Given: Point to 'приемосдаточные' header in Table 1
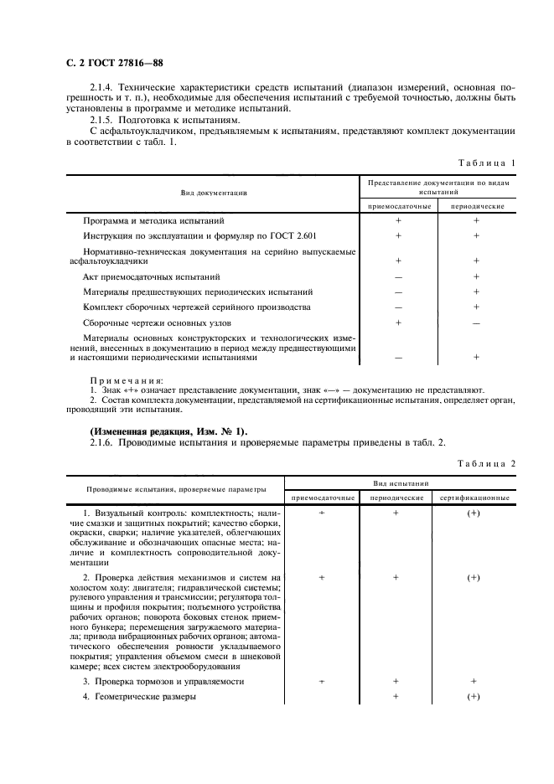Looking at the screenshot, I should pyautogui.click(x=398, y=205).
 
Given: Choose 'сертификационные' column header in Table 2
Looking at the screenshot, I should pyautogui.click(x=474, y=498).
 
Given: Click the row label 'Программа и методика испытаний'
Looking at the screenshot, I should pyautogui.click(x=153, y=220).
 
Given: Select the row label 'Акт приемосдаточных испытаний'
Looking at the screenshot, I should pyautogui.click(x=152, y=276).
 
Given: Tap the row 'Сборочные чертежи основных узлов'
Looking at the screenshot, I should pyautogui.click(x=157, y=322).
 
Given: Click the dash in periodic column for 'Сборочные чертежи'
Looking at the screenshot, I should pyautogui.click(x=476, y=322).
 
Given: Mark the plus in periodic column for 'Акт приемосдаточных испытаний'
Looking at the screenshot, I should pyautogui.click(x=476, y=276).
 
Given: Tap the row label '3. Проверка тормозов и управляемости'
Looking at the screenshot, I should pyautogui.click(x=163, y=682).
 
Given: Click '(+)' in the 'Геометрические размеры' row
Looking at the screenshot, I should pyautogui.click(x=473, y=697).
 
